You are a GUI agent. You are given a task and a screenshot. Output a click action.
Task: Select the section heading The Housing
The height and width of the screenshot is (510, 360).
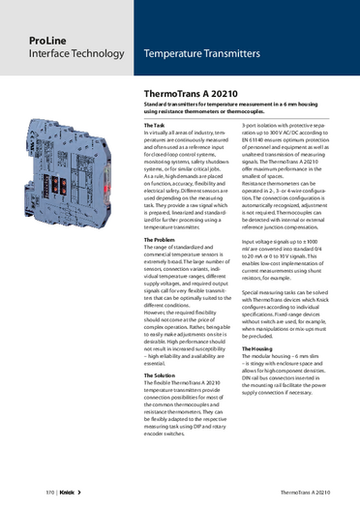[x=258, y=348]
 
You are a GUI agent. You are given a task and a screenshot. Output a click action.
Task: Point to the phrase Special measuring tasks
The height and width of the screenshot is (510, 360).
[x=272, y=290]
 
